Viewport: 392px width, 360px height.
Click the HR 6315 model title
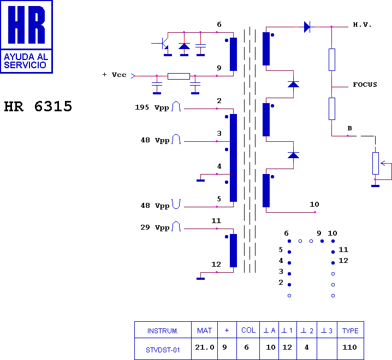pyautogui.click(x=38, y=106)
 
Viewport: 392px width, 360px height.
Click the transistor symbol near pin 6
pyautogui.click(x=164, y=43)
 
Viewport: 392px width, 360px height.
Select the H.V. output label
pyautogui.click(x=362, y=25)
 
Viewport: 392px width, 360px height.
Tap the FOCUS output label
pyautogui.click(x=365, y=85)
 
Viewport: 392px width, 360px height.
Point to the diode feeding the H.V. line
pyautogui.click(x=307, y=27)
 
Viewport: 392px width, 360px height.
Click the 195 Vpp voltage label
pyautogui.click(x=152, y=107)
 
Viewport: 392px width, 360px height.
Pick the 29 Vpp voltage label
pyautogui.click(x=155, y=227)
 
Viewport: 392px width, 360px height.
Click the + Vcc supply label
pyautogui.click(x=114, y=75)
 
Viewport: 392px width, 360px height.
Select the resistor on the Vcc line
pyautogui.click(x=179, y=76)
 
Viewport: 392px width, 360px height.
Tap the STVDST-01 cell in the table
pyautogui.click(x=163, y=350)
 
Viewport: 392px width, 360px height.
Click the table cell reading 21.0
pyautogui.click(x=205, y=347)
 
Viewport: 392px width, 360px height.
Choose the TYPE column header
pyautogui.click(x=350, y=331)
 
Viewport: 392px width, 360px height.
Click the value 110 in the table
pyautogui.click(x=349, y=347)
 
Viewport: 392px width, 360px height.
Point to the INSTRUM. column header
pyautogui.click(x=163, y=331)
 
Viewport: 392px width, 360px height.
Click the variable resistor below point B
pyautogui.click(x=376, y=163)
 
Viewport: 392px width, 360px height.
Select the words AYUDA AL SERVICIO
pyautogui.click(x=26, y=61)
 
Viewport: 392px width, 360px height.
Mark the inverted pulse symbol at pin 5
pyautogui.click(x=176, y=204)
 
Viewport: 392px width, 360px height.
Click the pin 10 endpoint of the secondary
pyautogui.click(x=315, y=212)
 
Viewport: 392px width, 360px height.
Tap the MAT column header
pyautogui.click(x=204, y=331)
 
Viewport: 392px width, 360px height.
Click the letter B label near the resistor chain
pyautogui.click(x=349, y=128)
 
